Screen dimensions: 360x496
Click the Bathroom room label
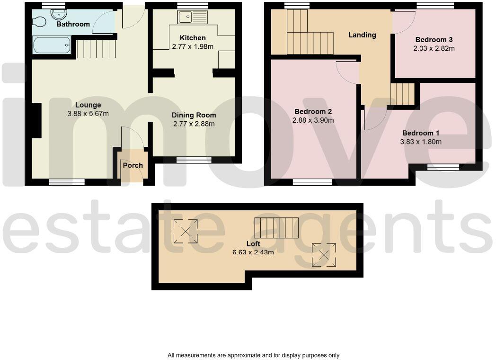pos(73,24)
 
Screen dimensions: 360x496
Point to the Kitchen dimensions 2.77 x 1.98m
pos(193,46)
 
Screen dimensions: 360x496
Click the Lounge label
pos(88,105)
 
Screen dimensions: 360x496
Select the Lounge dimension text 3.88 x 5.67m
pos(88,114)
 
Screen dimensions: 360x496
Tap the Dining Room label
pos(194,115)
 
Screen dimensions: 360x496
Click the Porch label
pos(133,165)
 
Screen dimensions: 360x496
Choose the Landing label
pos(362,35)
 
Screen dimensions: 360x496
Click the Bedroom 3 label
pos(435,40)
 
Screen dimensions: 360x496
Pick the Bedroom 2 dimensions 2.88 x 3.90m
pos(313,120)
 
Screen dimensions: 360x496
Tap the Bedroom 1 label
pos(421,133)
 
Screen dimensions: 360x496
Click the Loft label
pos(253,244)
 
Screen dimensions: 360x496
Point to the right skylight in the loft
pos(324,255)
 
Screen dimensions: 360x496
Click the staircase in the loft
pos(277,227)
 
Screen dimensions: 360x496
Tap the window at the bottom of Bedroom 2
pos(313,181)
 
